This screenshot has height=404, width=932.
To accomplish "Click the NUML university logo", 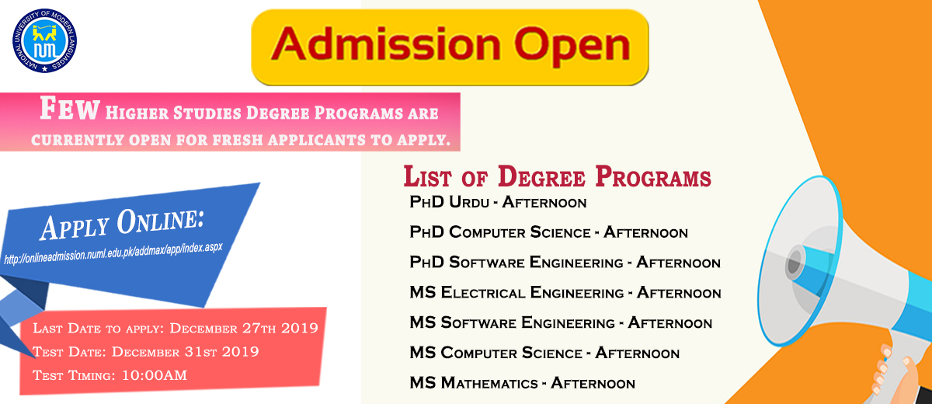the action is [44, 40].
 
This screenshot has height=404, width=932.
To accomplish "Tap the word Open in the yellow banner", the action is [572, 47].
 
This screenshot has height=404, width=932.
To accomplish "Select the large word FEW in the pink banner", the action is [69, 109].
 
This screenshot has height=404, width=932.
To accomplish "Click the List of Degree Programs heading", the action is [557, 177].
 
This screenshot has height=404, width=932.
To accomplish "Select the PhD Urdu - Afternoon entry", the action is [498, 202].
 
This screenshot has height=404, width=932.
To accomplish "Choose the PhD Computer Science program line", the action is [548, 232].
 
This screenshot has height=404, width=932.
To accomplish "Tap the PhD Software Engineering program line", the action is [565, 263].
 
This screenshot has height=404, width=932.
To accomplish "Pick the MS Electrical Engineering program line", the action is [565, 292].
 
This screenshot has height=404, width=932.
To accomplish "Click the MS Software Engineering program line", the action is [561, 323].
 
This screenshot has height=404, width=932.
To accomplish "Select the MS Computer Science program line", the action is [544, 353].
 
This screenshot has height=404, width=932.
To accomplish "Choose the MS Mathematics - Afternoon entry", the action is [522, 383].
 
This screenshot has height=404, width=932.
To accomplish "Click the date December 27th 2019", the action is [244, 329].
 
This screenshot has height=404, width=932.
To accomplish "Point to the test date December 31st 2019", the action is [185, 352].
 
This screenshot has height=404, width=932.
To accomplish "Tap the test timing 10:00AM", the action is [155, 376].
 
